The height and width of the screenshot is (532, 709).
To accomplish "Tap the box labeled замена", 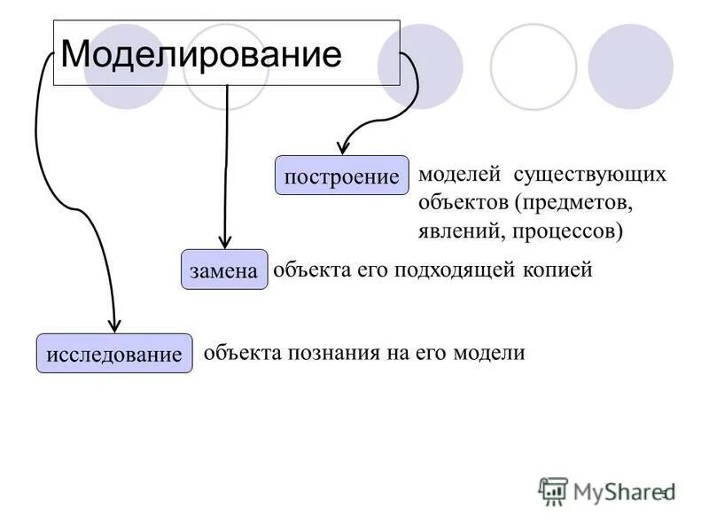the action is coord(224,270).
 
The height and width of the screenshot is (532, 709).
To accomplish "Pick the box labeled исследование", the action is coord(113,354).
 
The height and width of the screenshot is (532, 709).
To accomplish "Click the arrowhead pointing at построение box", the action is coord(344,148).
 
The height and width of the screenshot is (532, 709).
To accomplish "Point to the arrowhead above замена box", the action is coord(226,240).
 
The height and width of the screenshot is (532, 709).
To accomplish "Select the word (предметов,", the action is coord(573,202).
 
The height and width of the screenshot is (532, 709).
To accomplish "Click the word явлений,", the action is coord(458,231).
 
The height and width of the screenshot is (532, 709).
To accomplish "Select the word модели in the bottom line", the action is coord(489,352).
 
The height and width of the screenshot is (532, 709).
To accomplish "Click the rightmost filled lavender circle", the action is coord(631,66).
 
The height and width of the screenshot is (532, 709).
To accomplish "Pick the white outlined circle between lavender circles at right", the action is coord(534,66).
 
